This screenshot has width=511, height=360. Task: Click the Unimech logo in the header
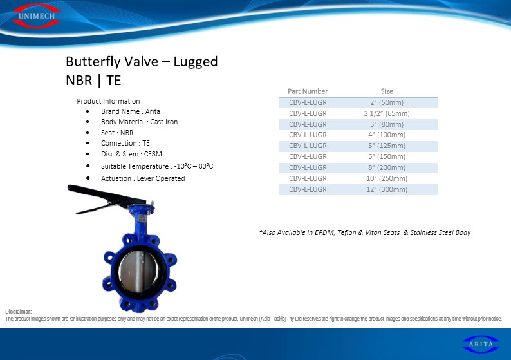coord(36,15)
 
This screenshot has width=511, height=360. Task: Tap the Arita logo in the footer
coord(481,344)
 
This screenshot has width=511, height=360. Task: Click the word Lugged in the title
coord(196,62)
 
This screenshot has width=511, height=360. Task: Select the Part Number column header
coord(308,91)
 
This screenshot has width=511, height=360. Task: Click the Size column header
coord(387,91)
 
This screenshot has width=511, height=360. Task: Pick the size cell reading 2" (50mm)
coord(387,102)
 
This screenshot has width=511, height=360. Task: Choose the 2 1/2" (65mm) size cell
coord(387,113)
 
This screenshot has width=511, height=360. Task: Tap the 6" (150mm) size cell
coord(387,156)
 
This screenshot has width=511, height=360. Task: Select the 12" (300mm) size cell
coord(387,189)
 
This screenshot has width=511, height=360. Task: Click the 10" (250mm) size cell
coord(387,178)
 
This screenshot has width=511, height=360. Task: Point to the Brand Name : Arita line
coord(131,111)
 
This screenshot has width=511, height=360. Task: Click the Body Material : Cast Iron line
coord(140,122)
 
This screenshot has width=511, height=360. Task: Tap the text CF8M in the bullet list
coord(153,154)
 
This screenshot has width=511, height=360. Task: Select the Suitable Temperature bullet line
coord(157,166)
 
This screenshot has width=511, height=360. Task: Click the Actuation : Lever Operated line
coord(143,178)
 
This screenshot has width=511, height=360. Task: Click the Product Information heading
coord(108,101)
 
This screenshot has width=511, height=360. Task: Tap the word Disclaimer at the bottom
coord(19,312)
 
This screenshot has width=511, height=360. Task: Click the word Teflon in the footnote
coord(347,232)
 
